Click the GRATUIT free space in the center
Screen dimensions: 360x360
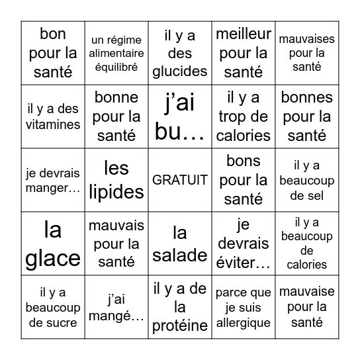(x=180, y=180)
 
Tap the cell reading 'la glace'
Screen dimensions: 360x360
(x=53, y=244)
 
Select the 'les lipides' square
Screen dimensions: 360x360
(x=116, y=180)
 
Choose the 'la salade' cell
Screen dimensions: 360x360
(x=180, y=244)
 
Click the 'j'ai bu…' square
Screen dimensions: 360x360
(x=180, y=116)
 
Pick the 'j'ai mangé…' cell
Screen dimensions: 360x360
(x=116, y=307)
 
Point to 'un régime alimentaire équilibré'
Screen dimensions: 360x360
(x=116, y=53)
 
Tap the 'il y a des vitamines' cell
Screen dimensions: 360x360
(x=53, y=116)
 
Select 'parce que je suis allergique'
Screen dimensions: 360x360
(x=244, y=307)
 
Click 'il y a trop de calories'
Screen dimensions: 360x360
(x=244, y=116)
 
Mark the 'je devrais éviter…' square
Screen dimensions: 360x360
(x=244, y=244)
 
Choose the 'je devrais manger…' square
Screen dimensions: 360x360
(x=53, y=180)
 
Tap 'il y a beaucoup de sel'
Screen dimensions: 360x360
(x=307, y=180)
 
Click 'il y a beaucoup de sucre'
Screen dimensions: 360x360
(x=53, y=307)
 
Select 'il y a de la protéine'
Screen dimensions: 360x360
(x=180, y=307)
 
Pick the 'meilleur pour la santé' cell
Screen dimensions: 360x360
(x=244, y=53)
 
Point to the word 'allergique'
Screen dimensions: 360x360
(x=244, y=323)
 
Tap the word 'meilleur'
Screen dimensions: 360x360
(x=244, y=34)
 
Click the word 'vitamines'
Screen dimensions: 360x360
(x=53, y=124)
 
